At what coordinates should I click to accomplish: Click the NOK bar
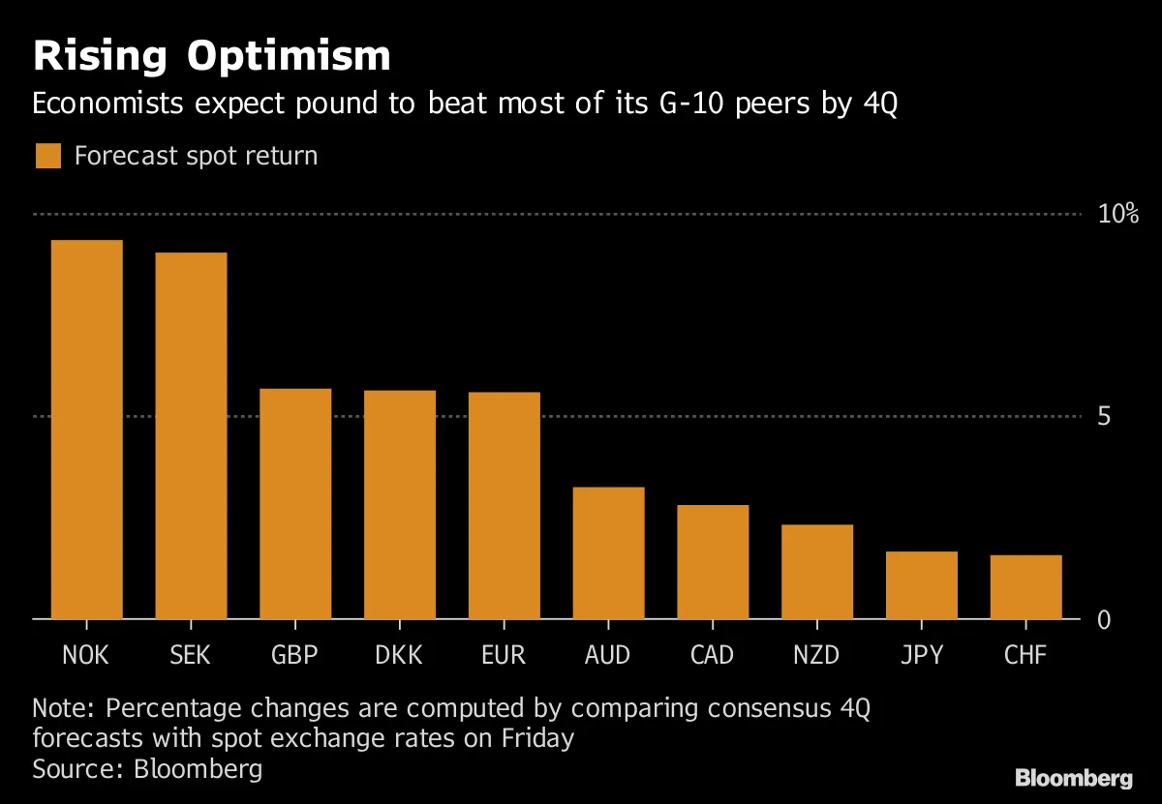(86, 430)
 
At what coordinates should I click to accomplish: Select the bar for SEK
(191, 435)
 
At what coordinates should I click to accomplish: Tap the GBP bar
(295, 503)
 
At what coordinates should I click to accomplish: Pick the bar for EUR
(504, 505)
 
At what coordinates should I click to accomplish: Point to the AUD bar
(608, 552)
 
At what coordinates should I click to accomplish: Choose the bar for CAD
(713, 561)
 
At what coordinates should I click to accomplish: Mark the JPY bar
(921, 584)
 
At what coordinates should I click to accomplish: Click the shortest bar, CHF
(1025, 586)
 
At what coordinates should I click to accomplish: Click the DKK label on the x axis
(399, 655)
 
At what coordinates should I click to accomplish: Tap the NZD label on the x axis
(816, 655)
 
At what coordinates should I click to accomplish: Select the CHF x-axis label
(1025, 655)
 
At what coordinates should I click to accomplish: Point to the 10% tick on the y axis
(1117, 214)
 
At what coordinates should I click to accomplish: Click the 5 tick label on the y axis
(1103, 417)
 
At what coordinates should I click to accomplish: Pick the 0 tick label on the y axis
(1103, 620)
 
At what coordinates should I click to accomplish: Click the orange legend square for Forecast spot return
(47, 156)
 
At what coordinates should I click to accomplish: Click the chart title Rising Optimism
(212, 57)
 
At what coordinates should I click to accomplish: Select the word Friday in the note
(537, 738)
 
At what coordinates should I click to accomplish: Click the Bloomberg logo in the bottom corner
(1073, 777)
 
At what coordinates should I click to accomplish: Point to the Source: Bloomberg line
(147, 769)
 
